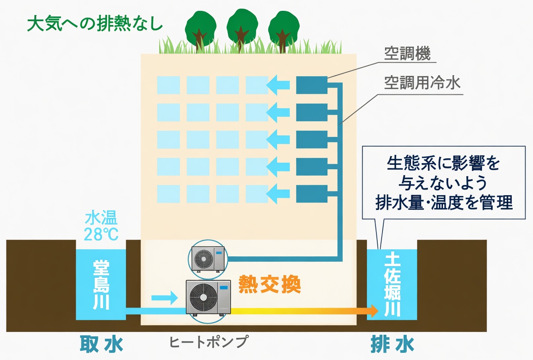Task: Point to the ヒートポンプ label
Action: click(209, 342)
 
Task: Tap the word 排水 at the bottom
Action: click(392, 344)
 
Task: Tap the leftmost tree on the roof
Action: click(201, 30)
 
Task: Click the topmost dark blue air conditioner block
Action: click(311, 85)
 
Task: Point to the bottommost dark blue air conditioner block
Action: click(311, 193)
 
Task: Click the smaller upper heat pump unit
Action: click(208, 259)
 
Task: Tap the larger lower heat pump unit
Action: click(208, 297)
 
